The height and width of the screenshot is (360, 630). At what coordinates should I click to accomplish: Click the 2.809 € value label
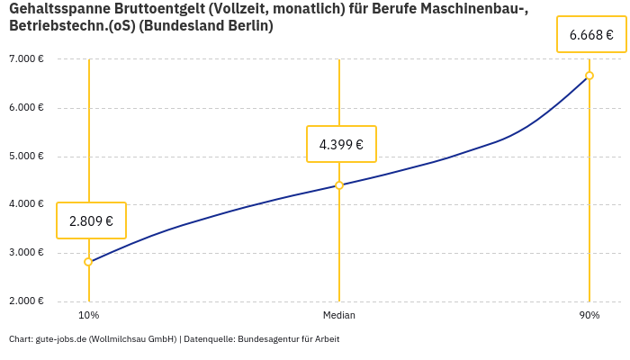pos(91,220)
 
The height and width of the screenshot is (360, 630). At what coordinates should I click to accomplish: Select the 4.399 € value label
pos(341,144)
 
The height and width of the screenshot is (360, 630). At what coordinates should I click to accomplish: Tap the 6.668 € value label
pos(591,36)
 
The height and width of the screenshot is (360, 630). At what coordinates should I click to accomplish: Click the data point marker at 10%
pos(88,262)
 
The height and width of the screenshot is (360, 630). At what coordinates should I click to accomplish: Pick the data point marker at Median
pos(339,185)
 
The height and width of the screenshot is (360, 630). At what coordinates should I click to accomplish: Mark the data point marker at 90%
pos(589,76)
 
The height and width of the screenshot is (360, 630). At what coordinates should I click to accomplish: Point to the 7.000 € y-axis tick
pos(26,59)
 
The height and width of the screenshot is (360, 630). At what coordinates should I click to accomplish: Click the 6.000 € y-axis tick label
pos(26,108)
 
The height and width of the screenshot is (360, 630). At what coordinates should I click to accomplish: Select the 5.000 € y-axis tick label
pos(26,157)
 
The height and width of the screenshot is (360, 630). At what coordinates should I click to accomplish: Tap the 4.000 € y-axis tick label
pos(26,204)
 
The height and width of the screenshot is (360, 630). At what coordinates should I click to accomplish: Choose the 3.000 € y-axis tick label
pos(26,253)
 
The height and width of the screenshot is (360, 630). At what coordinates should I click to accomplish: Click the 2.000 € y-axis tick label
pos(26,301)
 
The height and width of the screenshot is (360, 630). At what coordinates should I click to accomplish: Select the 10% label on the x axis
pos(88,316)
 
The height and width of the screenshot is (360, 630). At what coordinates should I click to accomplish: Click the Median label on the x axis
pos(339,316)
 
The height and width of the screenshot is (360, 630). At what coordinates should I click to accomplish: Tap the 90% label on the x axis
pos(589,316)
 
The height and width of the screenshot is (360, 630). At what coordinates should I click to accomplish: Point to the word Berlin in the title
pos(251,26)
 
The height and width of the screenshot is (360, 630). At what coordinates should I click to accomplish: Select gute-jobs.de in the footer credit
pos(61,339)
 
